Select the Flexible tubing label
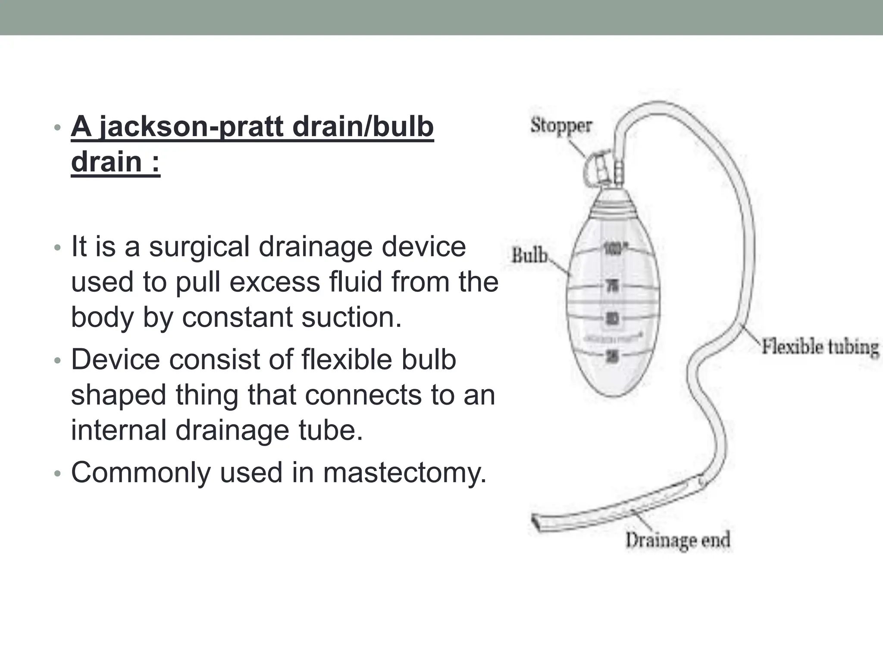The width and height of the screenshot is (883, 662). [x=820, y=347]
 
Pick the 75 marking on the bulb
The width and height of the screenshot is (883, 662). [x=613, y=287]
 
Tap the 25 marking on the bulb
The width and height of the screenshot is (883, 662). [x=613, y=356]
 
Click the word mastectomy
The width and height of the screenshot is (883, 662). [x=404, y=472]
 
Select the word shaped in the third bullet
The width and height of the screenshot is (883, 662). [x=119, y=395]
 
